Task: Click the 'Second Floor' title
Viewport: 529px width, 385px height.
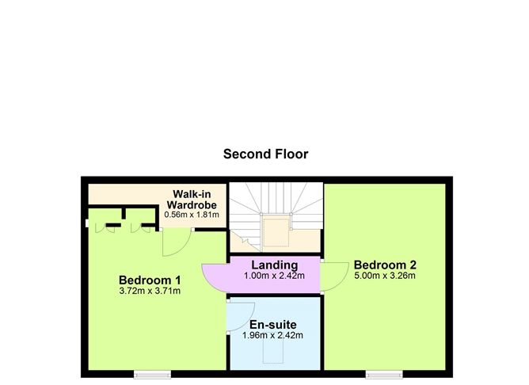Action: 265,154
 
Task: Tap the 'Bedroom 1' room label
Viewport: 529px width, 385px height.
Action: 150,280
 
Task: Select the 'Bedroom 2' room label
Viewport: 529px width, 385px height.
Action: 385,265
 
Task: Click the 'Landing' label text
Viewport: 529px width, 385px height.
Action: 274,265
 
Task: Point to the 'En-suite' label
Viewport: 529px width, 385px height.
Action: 272,324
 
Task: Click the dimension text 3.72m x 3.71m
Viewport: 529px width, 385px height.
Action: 150,292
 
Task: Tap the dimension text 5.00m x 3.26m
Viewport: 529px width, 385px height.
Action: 385,276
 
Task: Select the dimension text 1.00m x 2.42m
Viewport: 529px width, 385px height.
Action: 274,276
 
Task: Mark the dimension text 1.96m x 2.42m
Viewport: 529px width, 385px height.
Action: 272,335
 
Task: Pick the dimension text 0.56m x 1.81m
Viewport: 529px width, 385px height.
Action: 196,214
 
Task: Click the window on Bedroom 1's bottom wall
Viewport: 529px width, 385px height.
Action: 151,372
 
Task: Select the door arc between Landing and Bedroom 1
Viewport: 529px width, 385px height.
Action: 213,276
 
